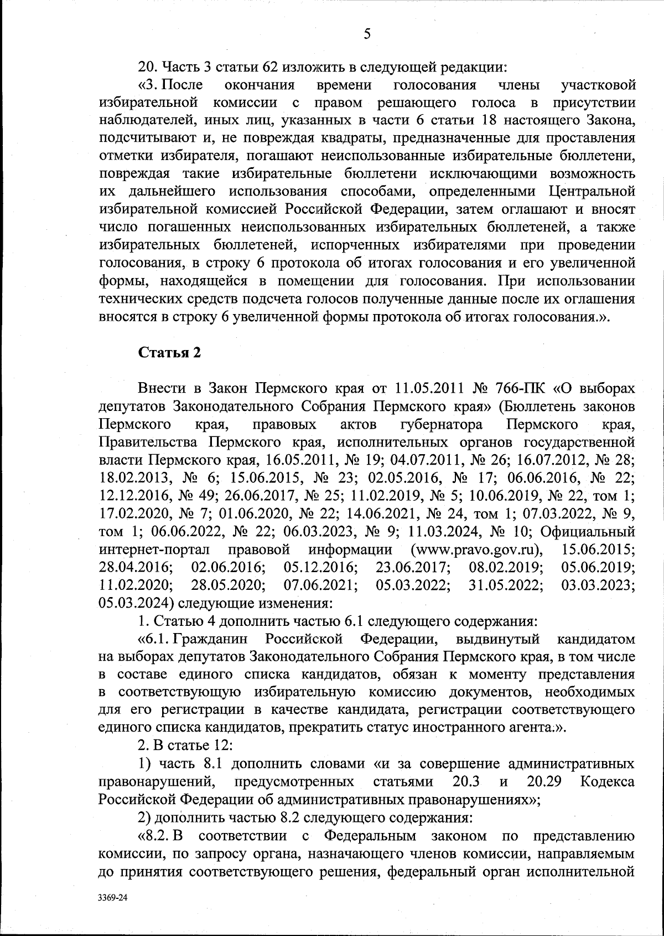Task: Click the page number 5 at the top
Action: [366, 34]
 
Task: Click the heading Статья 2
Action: [169, 353]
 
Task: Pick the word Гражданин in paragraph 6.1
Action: [207, 639]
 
